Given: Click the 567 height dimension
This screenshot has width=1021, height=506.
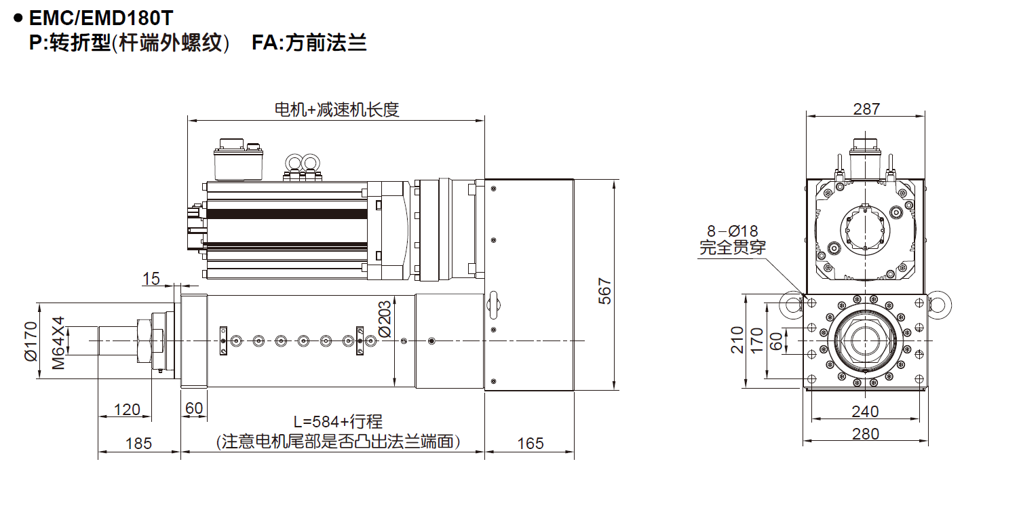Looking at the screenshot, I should (605, 290).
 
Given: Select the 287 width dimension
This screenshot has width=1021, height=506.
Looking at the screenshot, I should (866, 109).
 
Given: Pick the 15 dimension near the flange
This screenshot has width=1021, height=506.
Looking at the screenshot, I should (151, 278).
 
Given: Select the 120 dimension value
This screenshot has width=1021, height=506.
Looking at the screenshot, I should (127, 409).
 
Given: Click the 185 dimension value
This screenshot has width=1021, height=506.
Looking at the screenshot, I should (139, 444).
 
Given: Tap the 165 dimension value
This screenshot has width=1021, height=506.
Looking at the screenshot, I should (530, 444).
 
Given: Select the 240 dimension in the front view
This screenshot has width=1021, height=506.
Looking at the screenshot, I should (865, 412).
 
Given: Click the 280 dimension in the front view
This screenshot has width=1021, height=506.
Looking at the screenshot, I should (865, 434).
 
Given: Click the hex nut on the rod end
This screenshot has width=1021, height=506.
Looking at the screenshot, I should (145, 339).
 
